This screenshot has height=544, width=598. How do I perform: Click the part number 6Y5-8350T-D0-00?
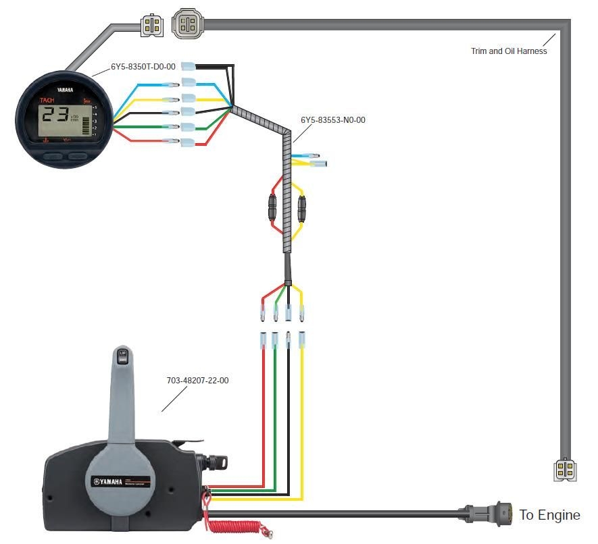click(143, 67)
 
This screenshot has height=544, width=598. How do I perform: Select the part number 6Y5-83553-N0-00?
click(332, 120)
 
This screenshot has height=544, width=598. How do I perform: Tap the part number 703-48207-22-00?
click(197, 381)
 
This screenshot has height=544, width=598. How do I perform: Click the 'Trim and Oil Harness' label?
click(509, 51)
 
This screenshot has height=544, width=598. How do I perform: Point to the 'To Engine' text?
click(549, 515)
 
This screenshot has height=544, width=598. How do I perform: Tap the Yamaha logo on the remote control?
click(108, 482)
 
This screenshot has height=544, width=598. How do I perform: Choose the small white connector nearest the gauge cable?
click(152, 26)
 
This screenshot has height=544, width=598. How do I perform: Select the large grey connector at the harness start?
click(186, 25)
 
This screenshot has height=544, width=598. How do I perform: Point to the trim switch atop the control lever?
click(123, 356)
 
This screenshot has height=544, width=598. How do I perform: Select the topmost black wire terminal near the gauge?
click(187, 66)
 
